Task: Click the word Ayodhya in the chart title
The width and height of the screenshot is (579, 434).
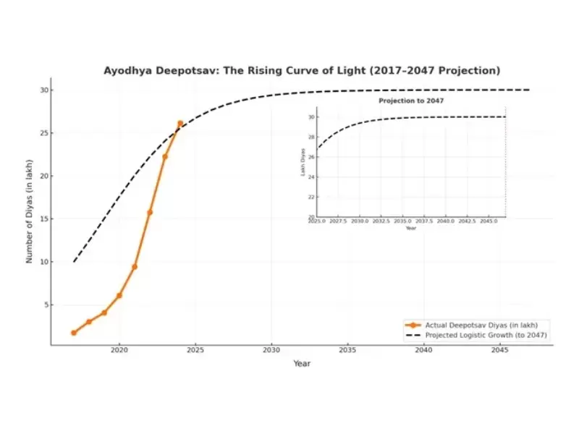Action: pyautogui.click(x=128, y=71)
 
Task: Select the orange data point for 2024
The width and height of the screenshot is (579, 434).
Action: pyautogui.click(x=180, y=124)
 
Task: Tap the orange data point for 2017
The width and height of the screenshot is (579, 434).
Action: pyautogui.click(x=74, y=333)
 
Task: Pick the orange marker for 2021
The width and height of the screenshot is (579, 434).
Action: pyautogui.click(x=135, y=267)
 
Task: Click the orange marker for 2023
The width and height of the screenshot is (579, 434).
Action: pyautogui.click(x=165, y=156)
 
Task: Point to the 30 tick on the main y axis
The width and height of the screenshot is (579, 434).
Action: pyautogui.click(x=44, y=90)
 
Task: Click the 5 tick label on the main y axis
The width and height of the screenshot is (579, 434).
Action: pyautogui.click(x=46, y=305)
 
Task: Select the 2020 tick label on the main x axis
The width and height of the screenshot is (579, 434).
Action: pyautogui.click(x=119, y=350)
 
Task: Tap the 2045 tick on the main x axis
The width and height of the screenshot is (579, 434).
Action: pyautogui.click(x=499, y=350)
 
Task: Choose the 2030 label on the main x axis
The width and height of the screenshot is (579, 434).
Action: pyautogui.click(x=271, y=350)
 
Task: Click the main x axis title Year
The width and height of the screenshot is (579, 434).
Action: pyautogui.click(x=302, y=363)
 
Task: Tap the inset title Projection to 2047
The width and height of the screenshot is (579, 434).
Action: pyautogui.click(x=411, y=101)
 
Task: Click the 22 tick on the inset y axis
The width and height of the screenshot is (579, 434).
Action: pyautogui.click(x=312, y=197)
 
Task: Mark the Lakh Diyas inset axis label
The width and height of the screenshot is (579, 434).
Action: pyautogui.click(x=303, y=166)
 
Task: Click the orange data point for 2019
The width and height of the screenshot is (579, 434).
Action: pyautogui.click(x=104, y=312)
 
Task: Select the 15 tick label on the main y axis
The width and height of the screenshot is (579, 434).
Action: pyautogui.click(x=44, y=219)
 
